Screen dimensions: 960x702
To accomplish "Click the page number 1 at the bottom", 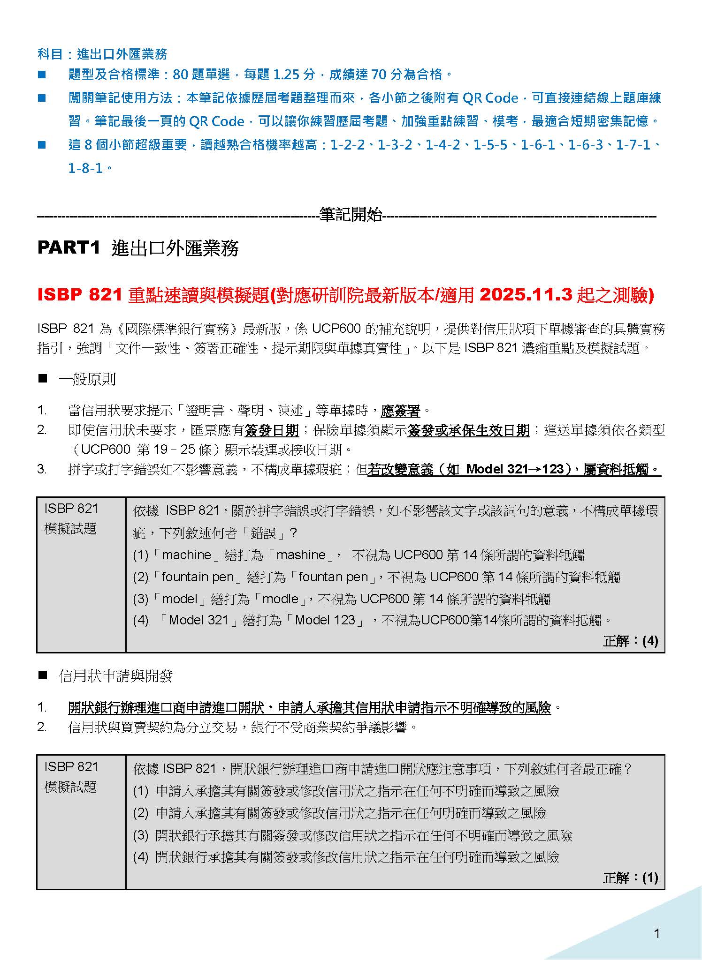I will (x=656, y=934).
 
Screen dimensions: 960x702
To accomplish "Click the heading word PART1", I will (x=69, y=248).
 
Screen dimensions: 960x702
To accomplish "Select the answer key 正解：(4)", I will (x=630, y=641).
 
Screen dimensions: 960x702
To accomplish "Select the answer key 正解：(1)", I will (x=630, y=877).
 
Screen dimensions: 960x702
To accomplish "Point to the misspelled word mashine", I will (x=301, y=555).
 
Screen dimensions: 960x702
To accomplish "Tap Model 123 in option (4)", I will (x=325, y=620).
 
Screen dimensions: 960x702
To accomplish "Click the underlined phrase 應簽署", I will (x=400, y=411).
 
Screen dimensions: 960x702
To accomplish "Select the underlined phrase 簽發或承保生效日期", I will (x=468, y=430).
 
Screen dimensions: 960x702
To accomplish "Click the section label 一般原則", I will (x=87, y=379).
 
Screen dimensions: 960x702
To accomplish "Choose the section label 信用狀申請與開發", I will (x=116, y=676).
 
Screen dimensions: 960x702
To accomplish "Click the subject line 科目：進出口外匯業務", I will (x=102, y=54).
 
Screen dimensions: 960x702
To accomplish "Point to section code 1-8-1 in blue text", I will (x=85, y=168).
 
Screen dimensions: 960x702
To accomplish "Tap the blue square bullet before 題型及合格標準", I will (x=42, y=75).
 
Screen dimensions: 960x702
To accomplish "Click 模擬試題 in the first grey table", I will (x=70, y=529).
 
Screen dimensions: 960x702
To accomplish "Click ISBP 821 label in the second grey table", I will (x=71, y=766).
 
